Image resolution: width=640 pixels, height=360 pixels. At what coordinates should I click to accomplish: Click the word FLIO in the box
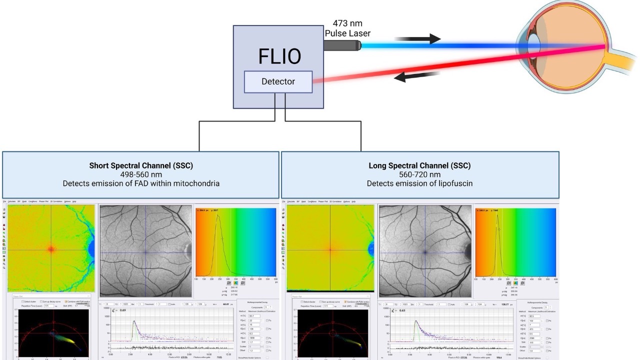279,56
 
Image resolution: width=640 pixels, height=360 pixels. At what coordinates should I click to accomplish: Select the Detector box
278,81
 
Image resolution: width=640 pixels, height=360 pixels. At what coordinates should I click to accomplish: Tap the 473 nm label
347,23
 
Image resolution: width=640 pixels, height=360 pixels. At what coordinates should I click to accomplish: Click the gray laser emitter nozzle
342,45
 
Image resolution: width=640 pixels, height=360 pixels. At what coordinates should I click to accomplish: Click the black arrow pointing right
417,38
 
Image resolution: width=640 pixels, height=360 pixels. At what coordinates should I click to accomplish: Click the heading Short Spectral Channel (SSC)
141,165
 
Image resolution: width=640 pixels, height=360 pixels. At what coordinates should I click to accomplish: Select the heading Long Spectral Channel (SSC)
419,165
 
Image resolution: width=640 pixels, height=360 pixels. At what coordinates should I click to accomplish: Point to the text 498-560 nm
141,174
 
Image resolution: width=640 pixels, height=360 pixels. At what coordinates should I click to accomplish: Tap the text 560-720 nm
419,174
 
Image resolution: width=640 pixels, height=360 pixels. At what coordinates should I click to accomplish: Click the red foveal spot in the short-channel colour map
51,248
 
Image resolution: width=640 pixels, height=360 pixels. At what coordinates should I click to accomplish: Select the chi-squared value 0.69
123,310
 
